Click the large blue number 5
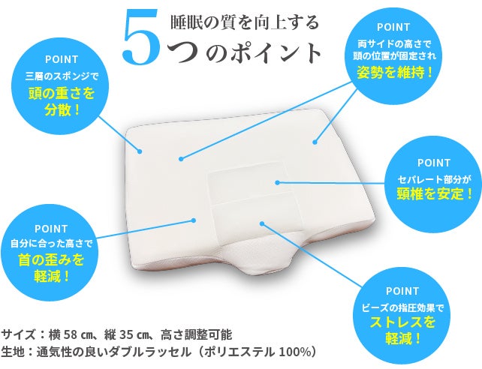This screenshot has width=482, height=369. (141, 37)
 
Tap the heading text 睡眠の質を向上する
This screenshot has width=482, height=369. (245, 22)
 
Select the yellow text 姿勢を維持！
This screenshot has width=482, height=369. (395, 73)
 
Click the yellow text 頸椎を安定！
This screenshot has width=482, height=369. (435, 193)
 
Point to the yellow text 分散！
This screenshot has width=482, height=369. (62, 110)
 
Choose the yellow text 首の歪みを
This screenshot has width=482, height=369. (51, 259)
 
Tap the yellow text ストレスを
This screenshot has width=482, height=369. (403, 322)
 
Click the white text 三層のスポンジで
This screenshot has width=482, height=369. (62, 76)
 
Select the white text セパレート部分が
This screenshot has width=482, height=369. (435, 179)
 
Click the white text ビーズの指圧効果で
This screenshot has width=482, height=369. (403, 307)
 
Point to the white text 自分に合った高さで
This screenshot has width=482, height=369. (51, 244)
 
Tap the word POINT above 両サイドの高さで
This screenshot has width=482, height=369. (393, 27)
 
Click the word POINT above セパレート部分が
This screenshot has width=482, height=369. (434, 163)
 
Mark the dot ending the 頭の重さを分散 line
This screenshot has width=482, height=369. (140, 151)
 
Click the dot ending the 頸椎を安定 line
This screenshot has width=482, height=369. (277, 182)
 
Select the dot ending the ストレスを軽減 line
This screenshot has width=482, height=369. (261, 223)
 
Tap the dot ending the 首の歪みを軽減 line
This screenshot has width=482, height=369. (194, 220)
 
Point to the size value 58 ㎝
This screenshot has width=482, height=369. (76, 334)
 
